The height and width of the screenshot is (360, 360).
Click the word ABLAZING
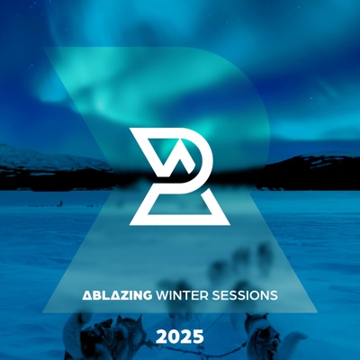point(117,295)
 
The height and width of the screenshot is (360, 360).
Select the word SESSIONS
point(244,295)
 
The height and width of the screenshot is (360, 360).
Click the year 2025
point(180,337)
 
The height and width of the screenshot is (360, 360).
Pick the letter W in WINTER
point(163,295)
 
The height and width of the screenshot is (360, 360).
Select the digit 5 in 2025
point(199,337)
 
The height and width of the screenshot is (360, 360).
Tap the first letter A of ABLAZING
point(86,295)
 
